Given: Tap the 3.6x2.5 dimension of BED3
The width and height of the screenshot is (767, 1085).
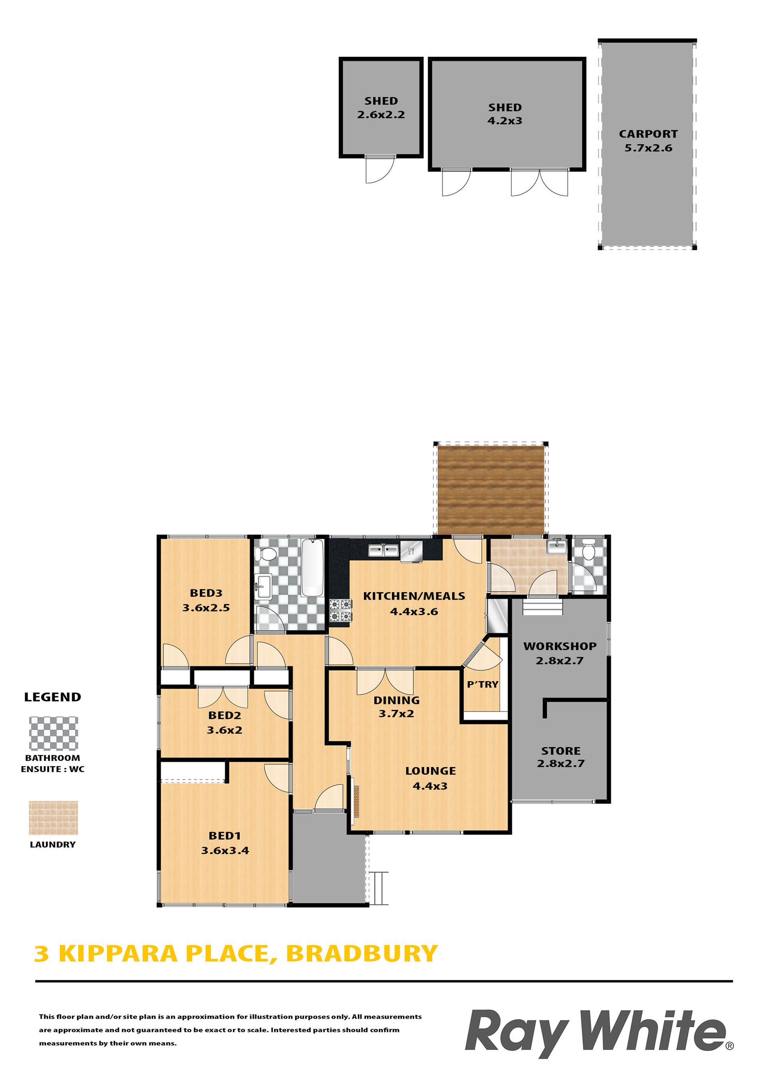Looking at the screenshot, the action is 206,608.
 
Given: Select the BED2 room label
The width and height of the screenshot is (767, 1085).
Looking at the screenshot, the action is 225,715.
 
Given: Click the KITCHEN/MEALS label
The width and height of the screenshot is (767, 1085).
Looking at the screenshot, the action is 414,596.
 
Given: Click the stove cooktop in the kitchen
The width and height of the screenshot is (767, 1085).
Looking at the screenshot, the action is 341,610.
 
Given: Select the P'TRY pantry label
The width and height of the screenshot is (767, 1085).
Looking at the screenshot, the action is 483,684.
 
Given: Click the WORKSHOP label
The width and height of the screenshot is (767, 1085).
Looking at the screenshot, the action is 560,646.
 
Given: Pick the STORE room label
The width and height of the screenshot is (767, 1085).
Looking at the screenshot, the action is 561,751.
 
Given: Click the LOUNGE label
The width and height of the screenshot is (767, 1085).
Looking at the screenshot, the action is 431,771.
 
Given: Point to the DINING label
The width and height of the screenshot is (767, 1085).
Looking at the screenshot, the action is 397,700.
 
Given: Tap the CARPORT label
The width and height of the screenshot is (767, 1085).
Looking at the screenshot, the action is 648,134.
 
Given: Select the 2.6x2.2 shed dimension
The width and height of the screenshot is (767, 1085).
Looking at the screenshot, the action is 381,115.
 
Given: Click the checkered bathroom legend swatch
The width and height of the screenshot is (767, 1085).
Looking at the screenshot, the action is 54,733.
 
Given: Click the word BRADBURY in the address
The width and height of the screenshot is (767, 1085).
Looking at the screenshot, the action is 362,954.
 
